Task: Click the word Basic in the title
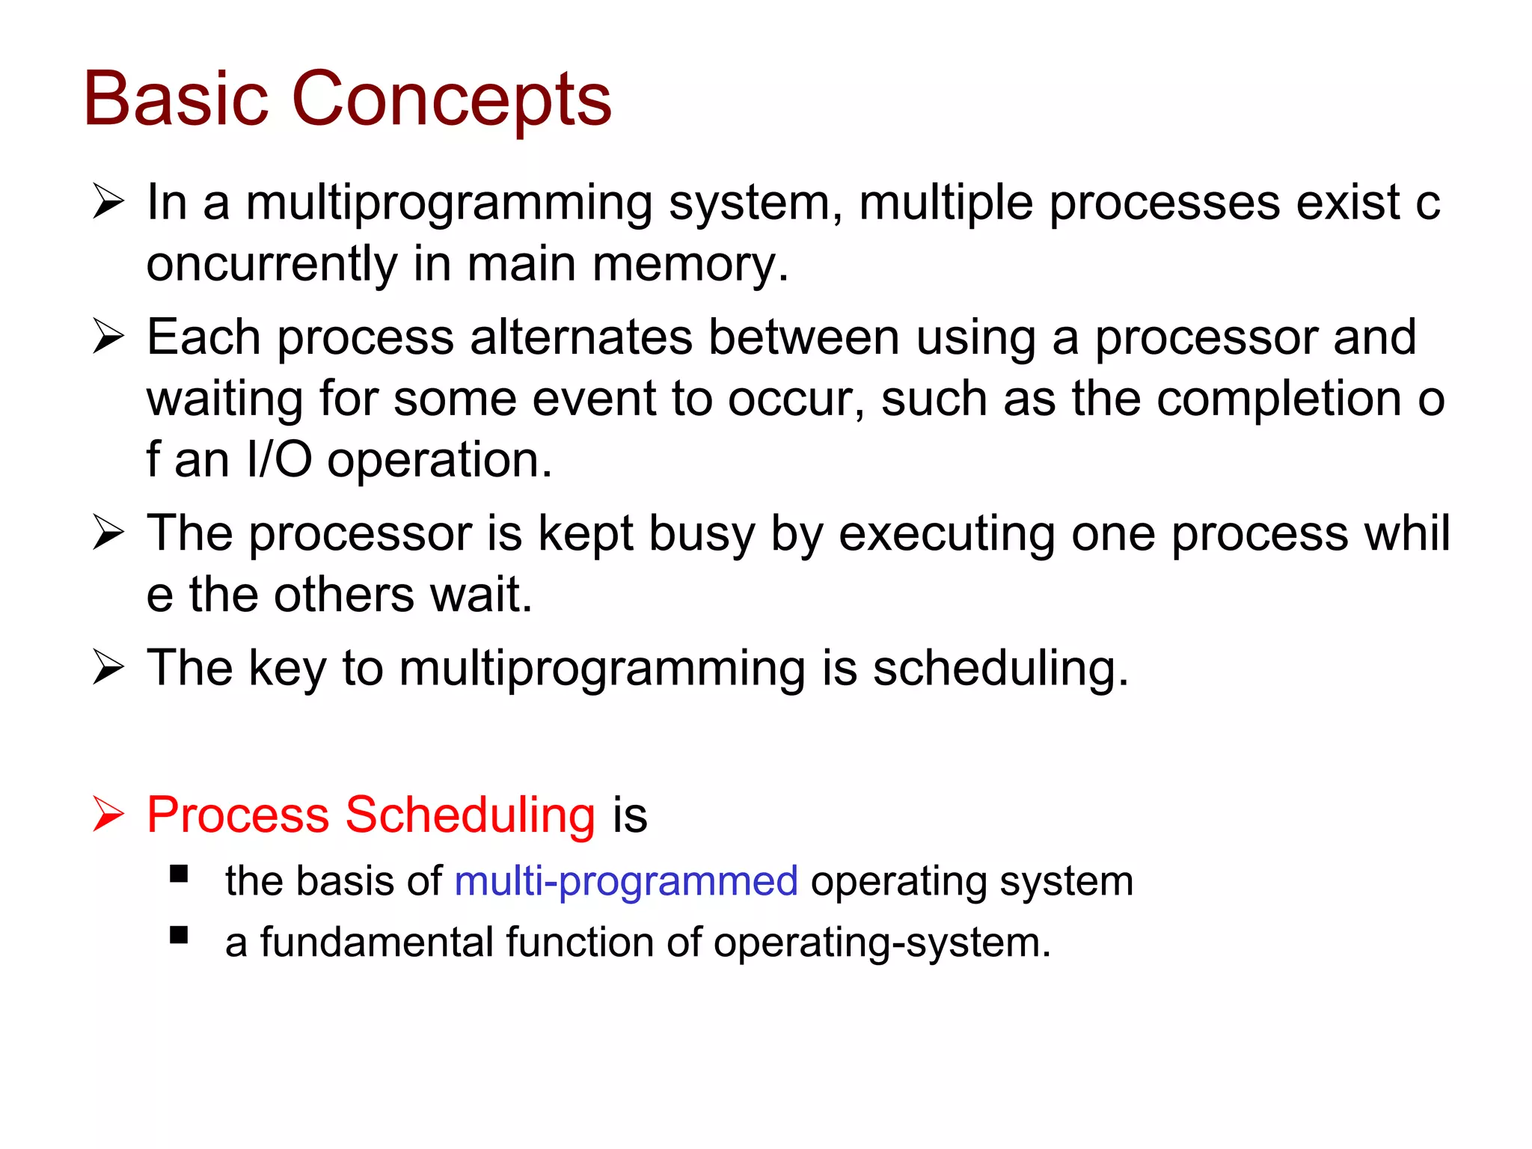[x=175, y=99]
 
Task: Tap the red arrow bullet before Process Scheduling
[x=108, y=814]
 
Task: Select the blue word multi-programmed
[x=626, y=881]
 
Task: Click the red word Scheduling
[x=470, y=815]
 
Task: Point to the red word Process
[x=237, y=815]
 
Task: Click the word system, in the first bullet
[x=756, y=203]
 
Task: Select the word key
[x=287, y=668]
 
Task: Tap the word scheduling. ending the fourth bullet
[x=1000, y=668]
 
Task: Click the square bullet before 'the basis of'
[x=179, y=874]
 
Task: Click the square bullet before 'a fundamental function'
[x=179, y=935]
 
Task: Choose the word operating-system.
[x=882, y=943]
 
